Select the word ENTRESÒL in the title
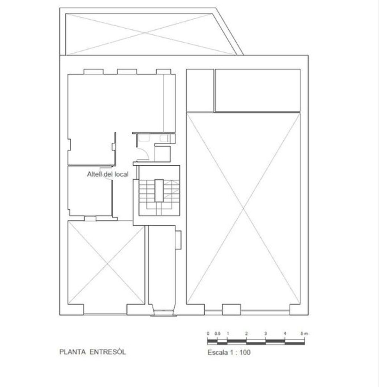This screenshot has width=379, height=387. coord(108,352)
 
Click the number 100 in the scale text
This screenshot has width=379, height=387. coord(245,353)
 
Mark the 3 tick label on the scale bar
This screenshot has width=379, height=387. coord(266,334)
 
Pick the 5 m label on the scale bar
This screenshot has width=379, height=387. coord(304,334)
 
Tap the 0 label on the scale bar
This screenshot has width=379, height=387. coord(208,334)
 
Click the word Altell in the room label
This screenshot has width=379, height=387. coord(95,174)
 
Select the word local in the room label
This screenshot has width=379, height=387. coord(121,174)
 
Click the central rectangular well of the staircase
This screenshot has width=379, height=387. coord(159,190)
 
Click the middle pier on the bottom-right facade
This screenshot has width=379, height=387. coord(231,309)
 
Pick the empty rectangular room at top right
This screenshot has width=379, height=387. coord(257,90)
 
